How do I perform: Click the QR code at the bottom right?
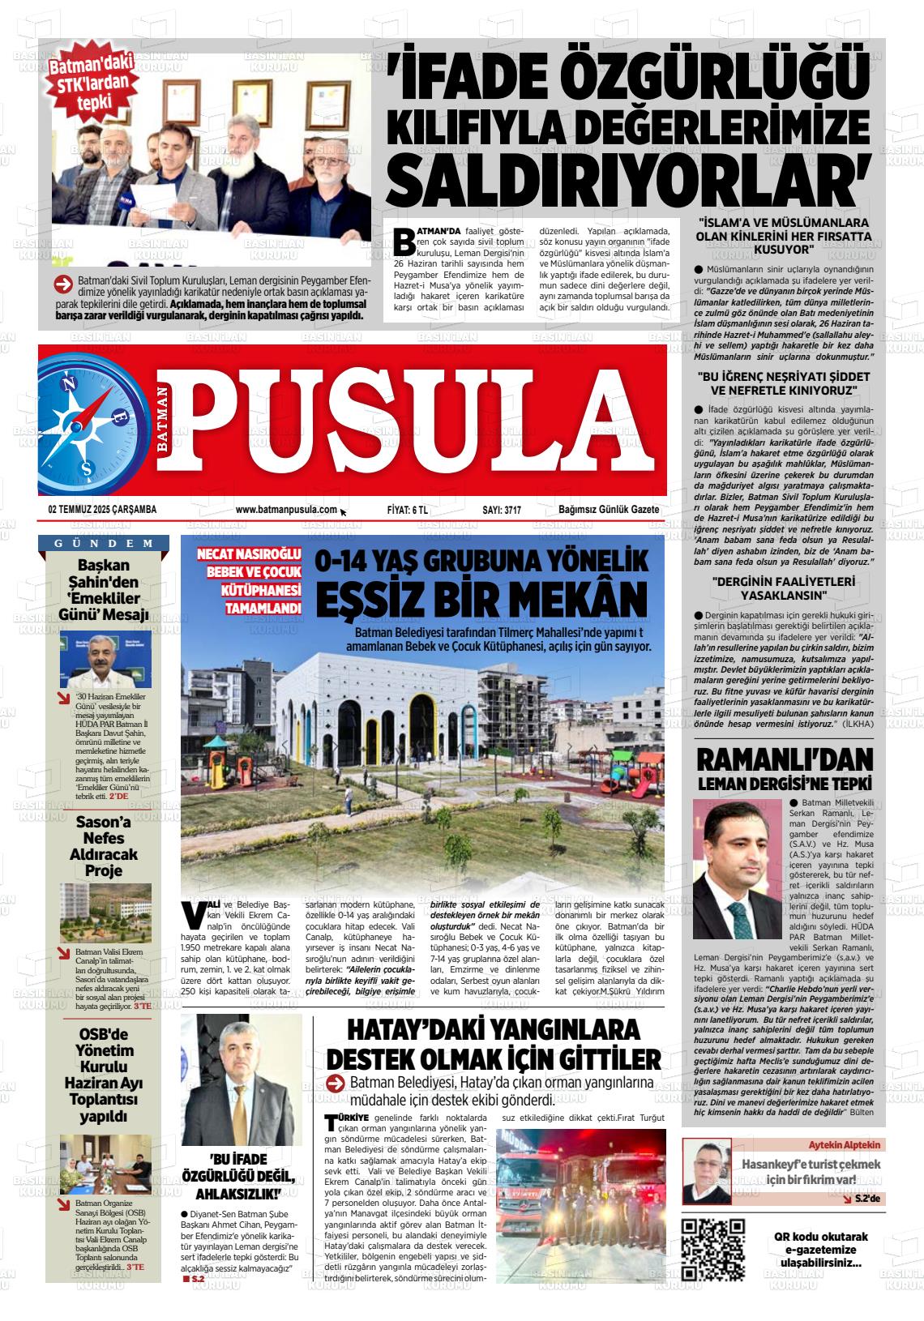[712, 1249]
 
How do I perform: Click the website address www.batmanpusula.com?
[286, 510]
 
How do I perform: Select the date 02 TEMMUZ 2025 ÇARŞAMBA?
[102, 510]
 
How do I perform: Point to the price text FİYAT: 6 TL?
[408, 510]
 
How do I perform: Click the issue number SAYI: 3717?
[502, 510]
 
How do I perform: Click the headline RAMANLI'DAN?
[785, 761]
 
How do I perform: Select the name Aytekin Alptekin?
[842, 1145]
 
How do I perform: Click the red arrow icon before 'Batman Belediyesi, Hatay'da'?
[336, 1084]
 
